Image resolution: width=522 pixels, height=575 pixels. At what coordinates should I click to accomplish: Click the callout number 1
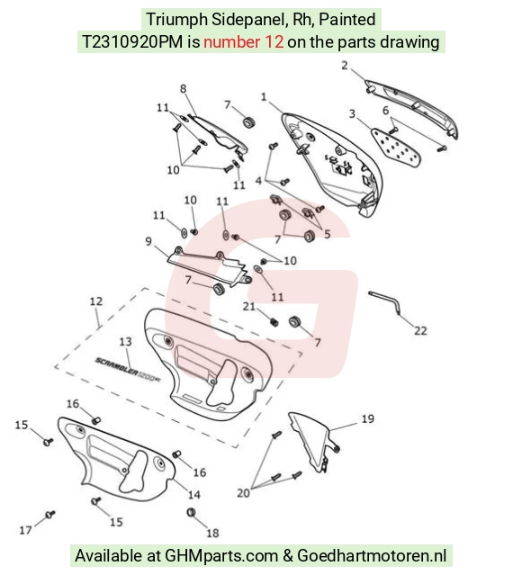[x=264, y=97]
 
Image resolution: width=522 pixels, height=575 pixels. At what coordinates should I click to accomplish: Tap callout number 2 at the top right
[x=345, y=66]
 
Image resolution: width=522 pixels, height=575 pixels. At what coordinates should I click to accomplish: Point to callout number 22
[x=420, y=331]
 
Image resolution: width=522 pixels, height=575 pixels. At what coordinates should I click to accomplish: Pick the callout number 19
[x=367, y=418]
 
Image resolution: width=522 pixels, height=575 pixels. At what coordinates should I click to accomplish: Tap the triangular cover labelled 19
[x=313, y=442]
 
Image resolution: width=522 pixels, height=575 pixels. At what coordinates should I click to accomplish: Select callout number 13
[x=125, y=342]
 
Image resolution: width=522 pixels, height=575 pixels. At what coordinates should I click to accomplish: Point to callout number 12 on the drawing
[x=96, y=301]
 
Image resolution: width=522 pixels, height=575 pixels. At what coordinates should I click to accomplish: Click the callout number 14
[x=194, y=495]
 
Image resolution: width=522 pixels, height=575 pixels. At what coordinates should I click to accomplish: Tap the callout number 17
[x=25, y=530]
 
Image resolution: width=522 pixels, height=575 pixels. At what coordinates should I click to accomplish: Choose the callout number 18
[x=212, y=533]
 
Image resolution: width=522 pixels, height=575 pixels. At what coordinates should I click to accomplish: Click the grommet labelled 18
[x=191, y=512]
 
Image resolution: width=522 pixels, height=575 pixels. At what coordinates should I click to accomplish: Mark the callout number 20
[x=243, y=493]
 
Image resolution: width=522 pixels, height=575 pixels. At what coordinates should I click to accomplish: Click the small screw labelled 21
[x=274, y=322]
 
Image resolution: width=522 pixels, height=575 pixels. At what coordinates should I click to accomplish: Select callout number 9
[x=148, y=242]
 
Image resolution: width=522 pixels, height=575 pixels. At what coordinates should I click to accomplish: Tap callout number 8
[x=183, y=89]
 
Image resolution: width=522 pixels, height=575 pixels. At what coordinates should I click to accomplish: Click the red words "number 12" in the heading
[x=244, y=41]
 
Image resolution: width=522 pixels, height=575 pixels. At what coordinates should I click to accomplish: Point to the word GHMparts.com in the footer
[x=221, y=555]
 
